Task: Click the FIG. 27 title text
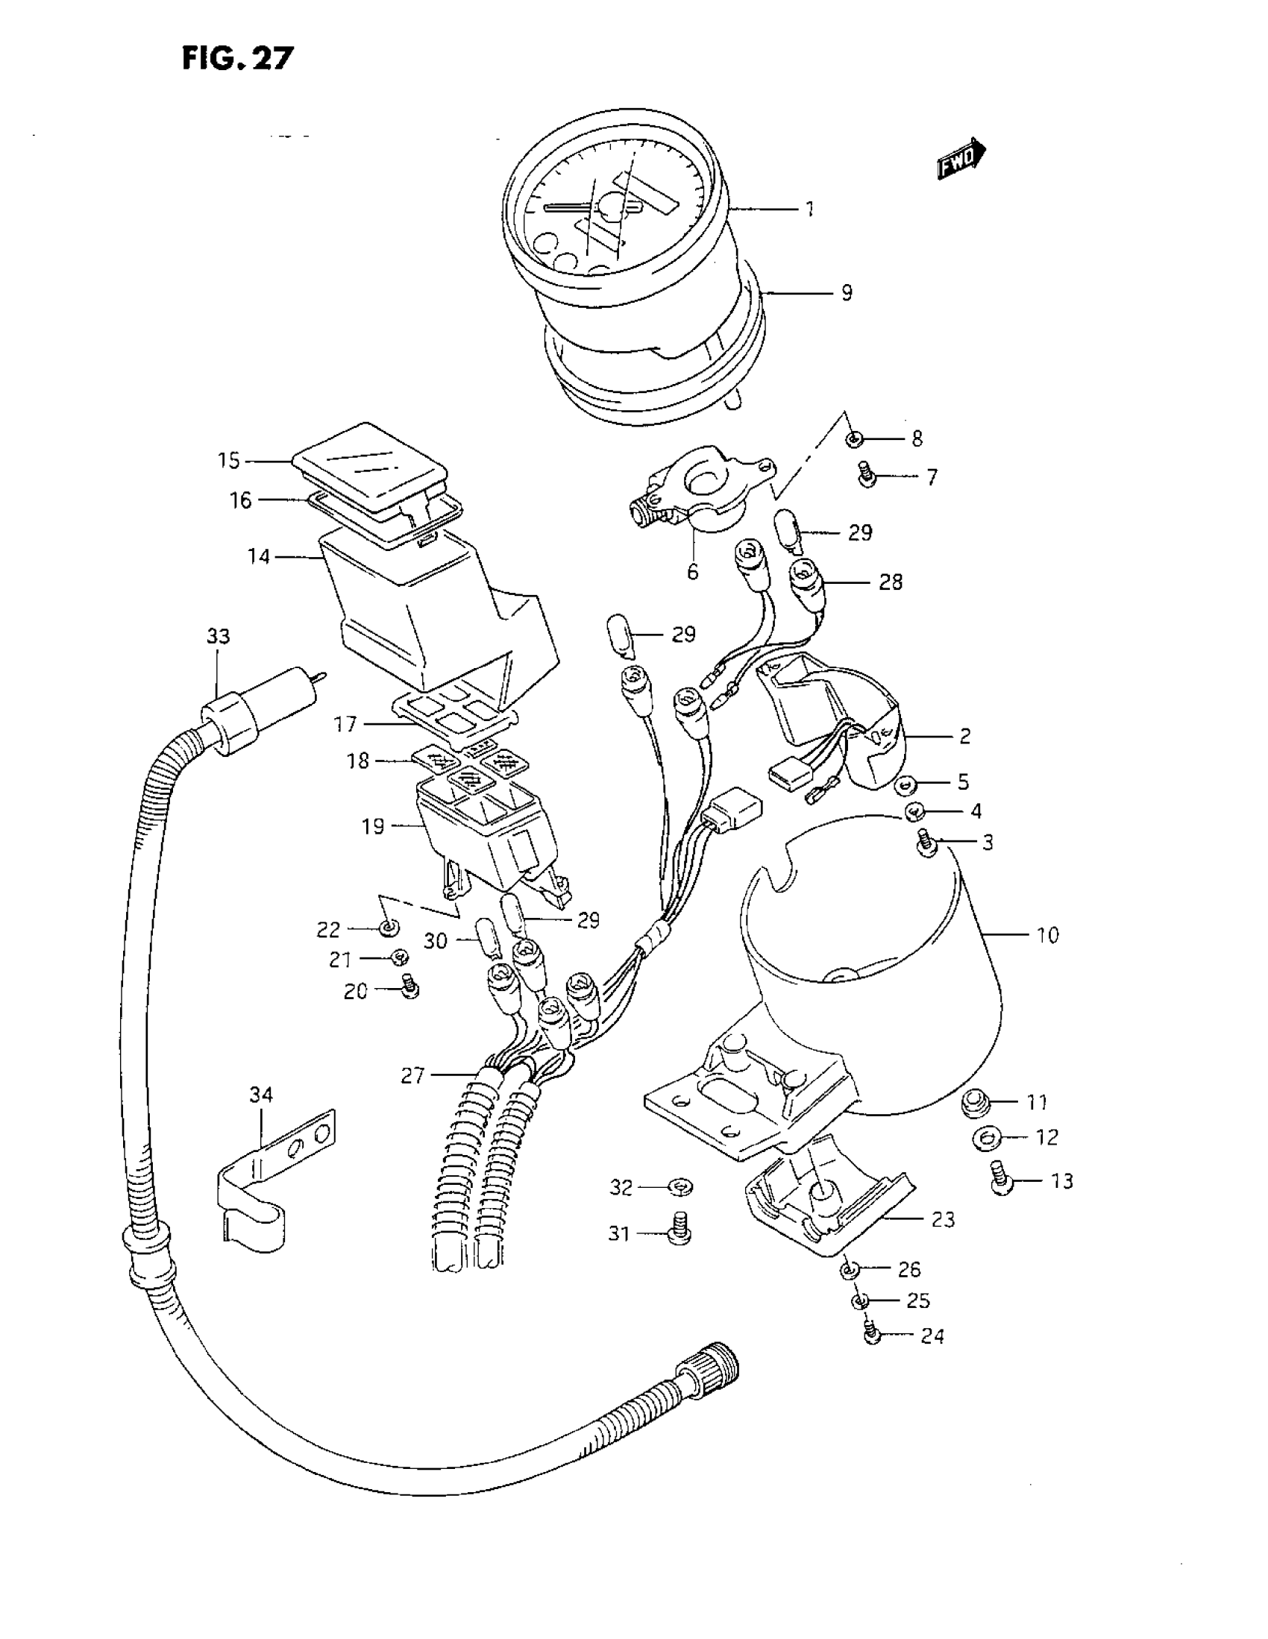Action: coord(237,57)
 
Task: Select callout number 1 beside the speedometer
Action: coord(810,209)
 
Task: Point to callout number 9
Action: coord(846,292)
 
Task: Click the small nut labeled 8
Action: coord(854,439)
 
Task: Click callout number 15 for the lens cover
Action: coord(228,460)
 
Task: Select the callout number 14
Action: coord(259,557)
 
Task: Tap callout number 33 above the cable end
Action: coord(218,636)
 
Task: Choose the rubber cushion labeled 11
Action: coord(975,1103)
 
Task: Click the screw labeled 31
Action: coord(679,1233)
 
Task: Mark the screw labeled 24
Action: coord(872,1334)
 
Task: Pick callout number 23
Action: coord(942,1219)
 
